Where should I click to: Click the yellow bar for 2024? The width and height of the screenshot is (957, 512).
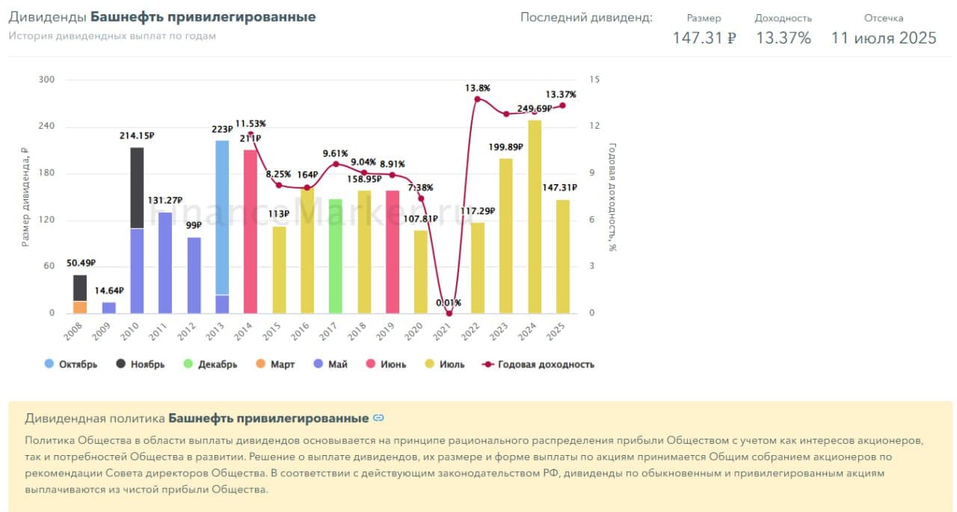tap(535, 217)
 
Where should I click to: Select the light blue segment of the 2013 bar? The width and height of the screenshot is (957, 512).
tap(222, 217)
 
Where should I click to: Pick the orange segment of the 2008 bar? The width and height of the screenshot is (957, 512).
tap(80, 307)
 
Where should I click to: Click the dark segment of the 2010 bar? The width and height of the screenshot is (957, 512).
tap(137, 188)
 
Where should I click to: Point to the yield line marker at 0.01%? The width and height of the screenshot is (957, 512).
tap(449, 313)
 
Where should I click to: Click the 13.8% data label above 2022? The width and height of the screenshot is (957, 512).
tap(478, 88)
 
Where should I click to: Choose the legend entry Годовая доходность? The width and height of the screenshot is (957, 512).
tap(539, 365)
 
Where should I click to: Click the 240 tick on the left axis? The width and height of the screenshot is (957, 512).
tap(46, 127)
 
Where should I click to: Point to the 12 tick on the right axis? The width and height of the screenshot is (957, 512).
tap(594, 127)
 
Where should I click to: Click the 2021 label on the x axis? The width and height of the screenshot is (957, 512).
tap(444, 328)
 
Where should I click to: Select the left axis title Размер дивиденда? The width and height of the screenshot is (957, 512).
tap(25, 197)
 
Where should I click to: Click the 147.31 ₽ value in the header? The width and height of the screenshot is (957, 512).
tap(704, 38)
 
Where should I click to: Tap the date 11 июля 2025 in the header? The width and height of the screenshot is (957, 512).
tap(884, 38)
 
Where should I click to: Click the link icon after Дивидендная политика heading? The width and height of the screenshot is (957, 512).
tap(378, 418)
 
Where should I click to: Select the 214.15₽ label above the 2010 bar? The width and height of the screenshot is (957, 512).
tap(137, 135)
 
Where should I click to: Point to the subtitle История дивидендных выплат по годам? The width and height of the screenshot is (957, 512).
tap(112, 36)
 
